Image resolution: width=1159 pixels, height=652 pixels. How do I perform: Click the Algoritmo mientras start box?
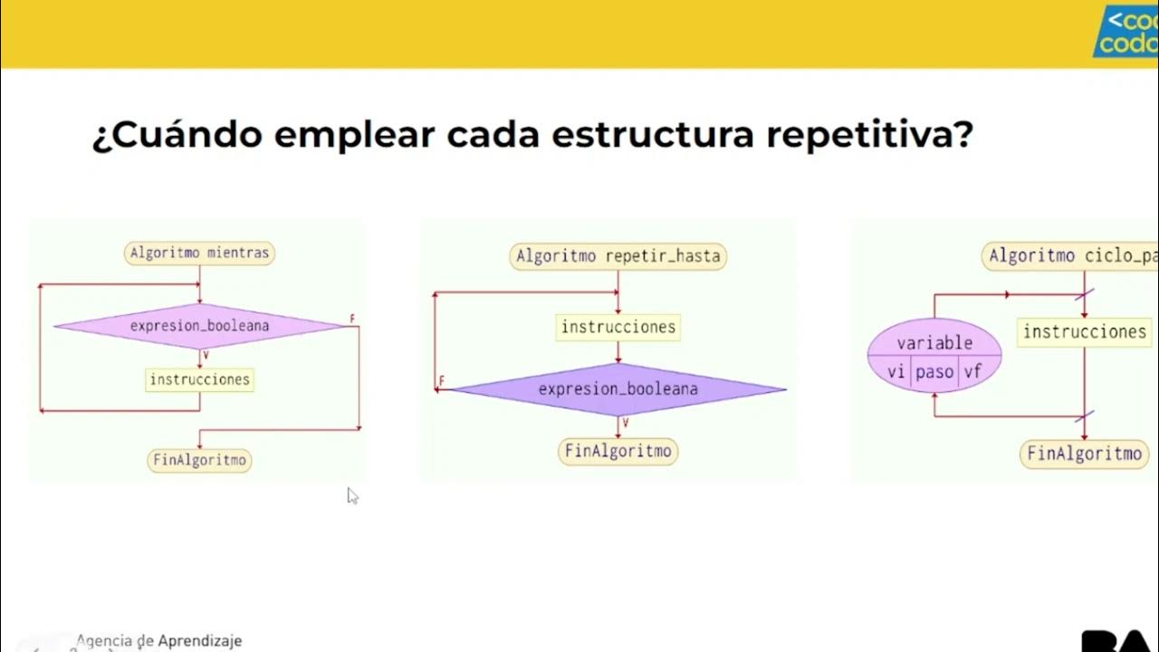[x=199, y=253]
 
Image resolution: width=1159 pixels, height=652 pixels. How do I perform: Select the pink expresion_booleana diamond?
[x=199, y=326]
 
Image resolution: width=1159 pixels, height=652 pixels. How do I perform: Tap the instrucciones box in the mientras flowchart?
[x=199, y=379]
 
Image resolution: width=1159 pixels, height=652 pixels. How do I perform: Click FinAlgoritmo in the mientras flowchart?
[x=199, y=460]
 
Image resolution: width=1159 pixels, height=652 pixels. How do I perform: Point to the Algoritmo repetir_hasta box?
[x=618, y=256]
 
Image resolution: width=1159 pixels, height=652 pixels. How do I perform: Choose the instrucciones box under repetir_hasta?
[x=618, y=327]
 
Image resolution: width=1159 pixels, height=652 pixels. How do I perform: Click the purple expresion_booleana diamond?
[x=618, y=389]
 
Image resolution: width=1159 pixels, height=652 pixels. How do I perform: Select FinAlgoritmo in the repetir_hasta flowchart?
[x=618, y=451]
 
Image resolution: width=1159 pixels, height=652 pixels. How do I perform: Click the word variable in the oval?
[x=934, y=342]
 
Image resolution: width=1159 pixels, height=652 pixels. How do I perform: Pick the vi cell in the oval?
[x=896, y=371]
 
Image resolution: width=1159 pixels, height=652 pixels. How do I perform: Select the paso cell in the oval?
[x=934, y=372]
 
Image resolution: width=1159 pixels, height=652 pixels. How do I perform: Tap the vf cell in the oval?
[x=972, y=371]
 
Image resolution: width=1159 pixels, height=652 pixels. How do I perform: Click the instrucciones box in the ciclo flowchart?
[x=1085, y=331]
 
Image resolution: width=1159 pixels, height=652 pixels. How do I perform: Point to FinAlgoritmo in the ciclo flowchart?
[x=1085, y=453]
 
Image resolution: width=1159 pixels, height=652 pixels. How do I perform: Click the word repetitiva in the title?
[x=869, y=135]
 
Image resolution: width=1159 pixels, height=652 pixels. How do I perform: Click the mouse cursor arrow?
[x=352, y=495]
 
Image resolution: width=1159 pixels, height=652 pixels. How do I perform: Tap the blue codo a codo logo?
[x=1127, y=32]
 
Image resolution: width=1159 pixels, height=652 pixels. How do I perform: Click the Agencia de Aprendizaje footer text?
[x=159, y=640]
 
